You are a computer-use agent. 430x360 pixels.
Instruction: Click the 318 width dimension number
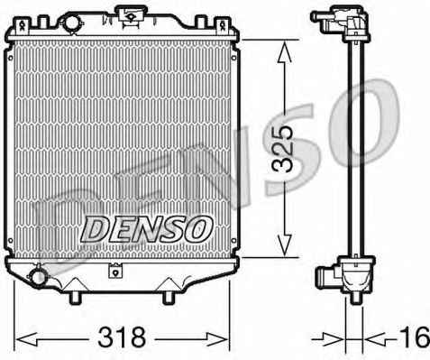click(x=122, y=337)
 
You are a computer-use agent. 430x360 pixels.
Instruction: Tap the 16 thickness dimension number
click(x=417, y=337)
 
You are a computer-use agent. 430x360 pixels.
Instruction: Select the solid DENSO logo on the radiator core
click(x=147, y=229)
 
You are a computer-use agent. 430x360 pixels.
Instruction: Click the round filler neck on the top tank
click(x=71, y=22)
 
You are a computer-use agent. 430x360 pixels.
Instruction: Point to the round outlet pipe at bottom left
click(x=38, y=277)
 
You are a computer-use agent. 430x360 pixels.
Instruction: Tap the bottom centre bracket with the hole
click(x=115, y=271)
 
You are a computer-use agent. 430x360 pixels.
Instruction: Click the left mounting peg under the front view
click(x=76, y=298)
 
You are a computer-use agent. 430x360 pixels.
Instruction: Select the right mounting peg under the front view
click(x=169, y=298)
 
